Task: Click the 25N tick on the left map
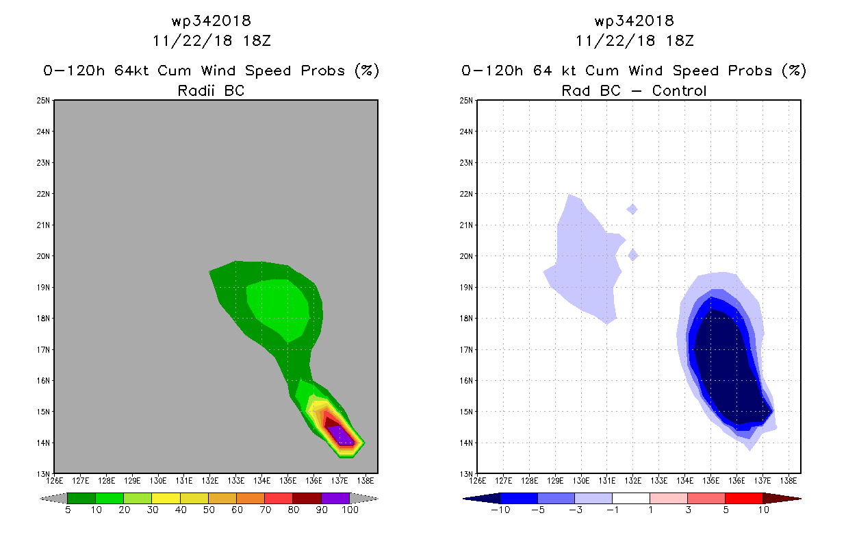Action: coord(44,101)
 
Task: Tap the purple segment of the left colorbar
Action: coord(335,498)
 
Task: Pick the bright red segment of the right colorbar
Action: coord(743,498)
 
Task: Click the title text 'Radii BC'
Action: coord(210,90)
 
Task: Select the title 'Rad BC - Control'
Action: coord(634,90)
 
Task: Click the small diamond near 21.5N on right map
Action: coord(632,209)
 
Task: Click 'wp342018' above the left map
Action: coord(211,21)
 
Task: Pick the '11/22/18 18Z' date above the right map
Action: coord(634,40)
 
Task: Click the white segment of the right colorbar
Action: coord(630,498)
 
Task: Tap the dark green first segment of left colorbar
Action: coord(81,498)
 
